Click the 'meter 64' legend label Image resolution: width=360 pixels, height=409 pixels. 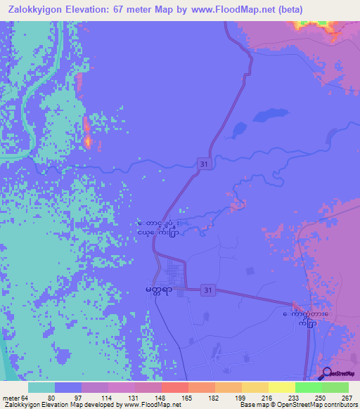[12, 398]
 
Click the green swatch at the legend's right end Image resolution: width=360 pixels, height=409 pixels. [335, 387]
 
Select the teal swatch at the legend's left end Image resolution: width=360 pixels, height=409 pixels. [41, 387]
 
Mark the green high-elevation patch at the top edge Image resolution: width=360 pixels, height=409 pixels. [309, 24]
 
